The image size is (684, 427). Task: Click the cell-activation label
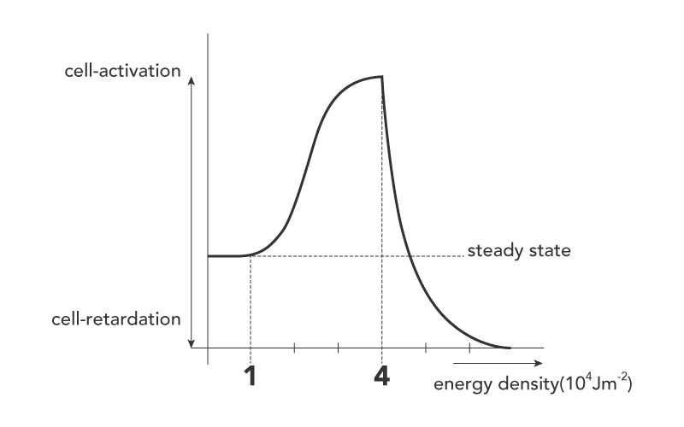point(122,70)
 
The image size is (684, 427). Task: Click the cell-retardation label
point(122,319)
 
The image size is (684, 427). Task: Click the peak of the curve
point(381,77)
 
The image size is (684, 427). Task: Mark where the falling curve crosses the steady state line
point(410,255)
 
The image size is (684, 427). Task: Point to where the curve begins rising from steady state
point(250,254)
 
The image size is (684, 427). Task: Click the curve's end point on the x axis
point(510,348)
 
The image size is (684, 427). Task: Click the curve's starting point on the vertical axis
point(209,255)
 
